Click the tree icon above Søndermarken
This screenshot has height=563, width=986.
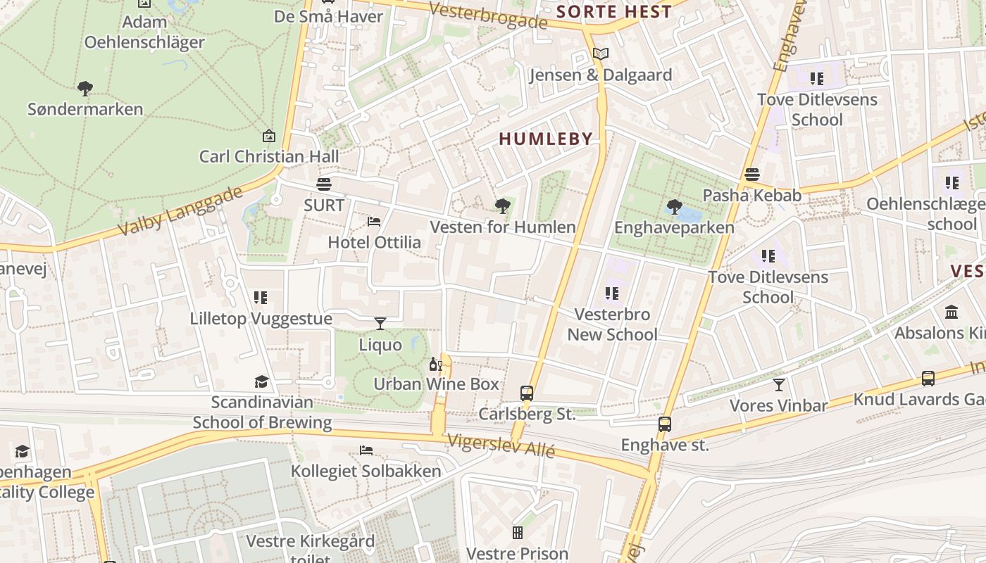pyautogui.click(x=85, y=89)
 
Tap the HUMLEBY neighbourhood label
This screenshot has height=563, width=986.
pyautogui.click(x=546, y=139)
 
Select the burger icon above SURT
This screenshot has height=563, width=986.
pyautogui.click(x=324, y=184)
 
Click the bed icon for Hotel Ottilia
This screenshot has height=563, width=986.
pyautogui.click(x=374, y=222)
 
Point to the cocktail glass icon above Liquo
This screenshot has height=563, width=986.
pyautogui.click(x=380, y=324)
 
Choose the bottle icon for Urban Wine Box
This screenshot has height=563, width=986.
pyautogui.click(x=435, y=365)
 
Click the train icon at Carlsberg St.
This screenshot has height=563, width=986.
pyautogui.click(x=527, y=393)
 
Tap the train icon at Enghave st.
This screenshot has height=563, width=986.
pyautogui.click(x=664, y=424)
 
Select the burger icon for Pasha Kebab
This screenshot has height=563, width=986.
pyautogui.click(x=752, y=175)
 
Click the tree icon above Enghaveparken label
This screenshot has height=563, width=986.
pyautogui.click(x=674, y=207)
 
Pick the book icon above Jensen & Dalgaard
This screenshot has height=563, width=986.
pyautogui.click(x=600, y=54)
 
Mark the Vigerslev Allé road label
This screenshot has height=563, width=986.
pyautogui.click(x=501, y=445)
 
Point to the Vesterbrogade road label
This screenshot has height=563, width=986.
pyautogui.click(x=487, y=15)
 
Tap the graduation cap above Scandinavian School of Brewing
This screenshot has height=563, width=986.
pyautogui.click(x=261, y=381)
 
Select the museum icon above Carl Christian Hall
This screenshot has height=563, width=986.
pyautogui.click(x=268, y=136)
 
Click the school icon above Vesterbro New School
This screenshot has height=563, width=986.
pyautogui.click(x=612, y=293)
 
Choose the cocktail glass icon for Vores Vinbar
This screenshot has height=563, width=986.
pyautogui.click(x=778, y=385)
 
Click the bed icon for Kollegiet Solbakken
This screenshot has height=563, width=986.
pyautogui.click(x=366, y=450)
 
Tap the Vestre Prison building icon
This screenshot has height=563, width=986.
pyautogui.click(x=518, y=533)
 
